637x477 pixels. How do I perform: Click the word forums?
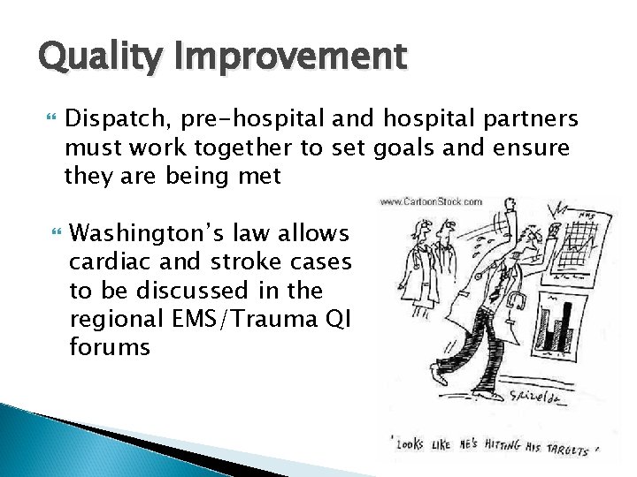pos(109,348)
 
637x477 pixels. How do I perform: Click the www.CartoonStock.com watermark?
pos(431,202)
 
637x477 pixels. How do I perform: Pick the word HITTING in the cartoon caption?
pos(501,448)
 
